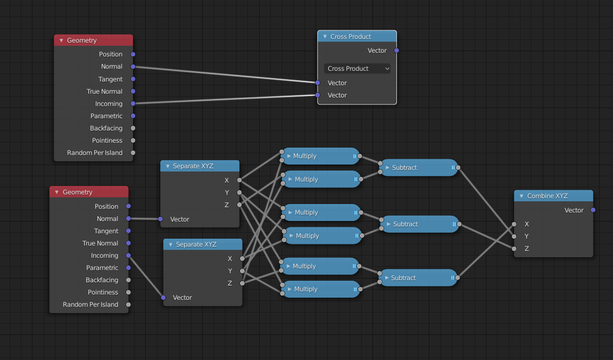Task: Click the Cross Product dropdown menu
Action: click(x=357, y=69)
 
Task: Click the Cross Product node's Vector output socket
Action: click(x=396, y=51)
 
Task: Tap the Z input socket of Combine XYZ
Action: click(x=514, y=249)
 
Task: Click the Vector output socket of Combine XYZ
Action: click(x=593, y=210)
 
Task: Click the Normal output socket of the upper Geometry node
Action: click(x=133, y=67)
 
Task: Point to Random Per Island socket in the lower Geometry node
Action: click(x=129, y=305)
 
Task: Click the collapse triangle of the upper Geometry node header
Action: click(x=61, y=40)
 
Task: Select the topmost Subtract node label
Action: click(x=404, y=168)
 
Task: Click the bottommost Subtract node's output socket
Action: click(x=458, y=277)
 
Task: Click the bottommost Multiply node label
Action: click(x=305, y=289)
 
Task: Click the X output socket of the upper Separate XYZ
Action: click(x=239, y=181)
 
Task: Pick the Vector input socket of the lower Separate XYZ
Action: click(x=163, y=298)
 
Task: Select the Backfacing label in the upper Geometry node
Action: click(x=106, y=128)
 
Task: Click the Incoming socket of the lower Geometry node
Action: click(x=129, y=256)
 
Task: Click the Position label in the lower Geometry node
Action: click(x=106, y=207)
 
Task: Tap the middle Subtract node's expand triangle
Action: click(x=388, y=224)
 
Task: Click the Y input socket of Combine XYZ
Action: click(x=514, y=236)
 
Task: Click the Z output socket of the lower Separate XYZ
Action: click(x=242, y=283)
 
